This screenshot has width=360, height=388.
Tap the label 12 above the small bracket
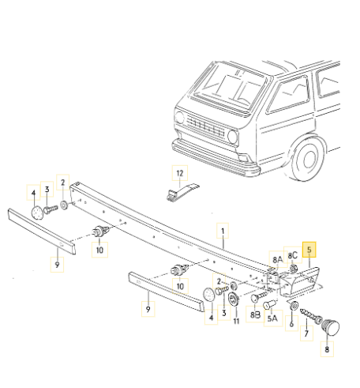click(180, 173)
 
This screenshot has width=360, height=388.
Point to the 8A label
click(277, 258)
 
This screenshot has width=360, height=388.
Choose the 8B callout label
click(255, 315)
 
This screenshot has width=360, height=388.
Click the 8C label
click(292, 255)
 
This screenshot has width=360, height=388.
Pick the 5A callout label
click(273, 319)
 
